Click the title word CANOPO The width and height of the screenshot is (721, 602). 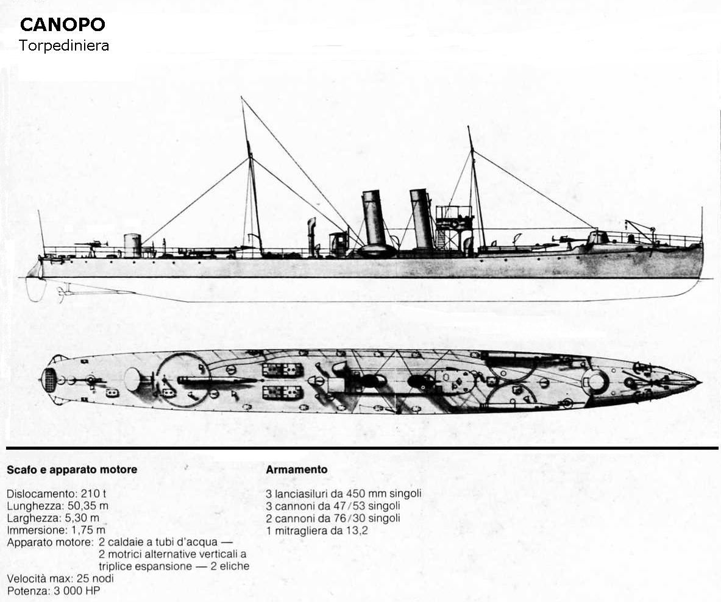pyautogui.click(x=63, y=25)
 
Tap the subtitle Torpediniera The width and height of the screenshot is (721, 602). pyautogui.click(x=64, y=46)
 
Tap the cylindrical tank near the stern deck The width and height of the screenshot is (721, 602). pyautogui.click(x=132, y=246)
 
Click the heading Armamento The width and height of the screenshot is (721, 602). pyautogui.click(x=297, y=470)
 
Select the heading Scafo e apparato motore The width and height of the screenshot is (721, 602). pyautogui.click(x=72, y=470)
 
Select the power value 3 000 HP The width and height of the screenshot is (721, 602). pyautogui.click(x=77, y=590)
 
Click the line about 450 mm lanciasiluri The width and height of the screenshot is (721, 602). pyautogui.click(x=344, y=494)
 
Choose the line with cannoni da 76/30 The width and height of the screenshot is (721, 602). pyautogui.click(x=333, y=519)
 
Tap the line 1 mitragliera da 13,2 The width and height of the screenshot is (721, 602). pyautogui.click(x=318, y=531)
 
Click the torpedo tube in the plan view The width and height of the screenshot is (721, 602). pyautogui.click(x=216, y=380)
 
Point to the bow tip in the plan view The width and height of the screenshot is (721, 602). pyautogui.click(x=701, y=382)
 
